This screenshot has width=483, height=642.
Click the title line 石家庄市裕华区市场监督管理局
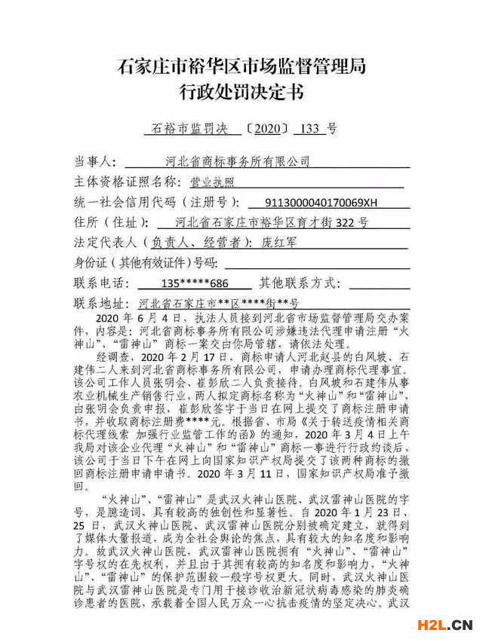click(241, 66)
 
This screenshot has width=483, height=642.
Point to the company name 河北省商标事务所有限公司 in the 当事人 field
click(238, 161)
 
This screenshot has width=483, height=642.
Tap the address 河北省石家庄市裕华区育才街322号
click(271, 223)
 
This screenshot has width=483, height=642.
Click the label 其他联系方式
click(300, 284)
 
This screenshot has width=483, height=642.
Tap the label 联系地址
click(99, 304)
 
